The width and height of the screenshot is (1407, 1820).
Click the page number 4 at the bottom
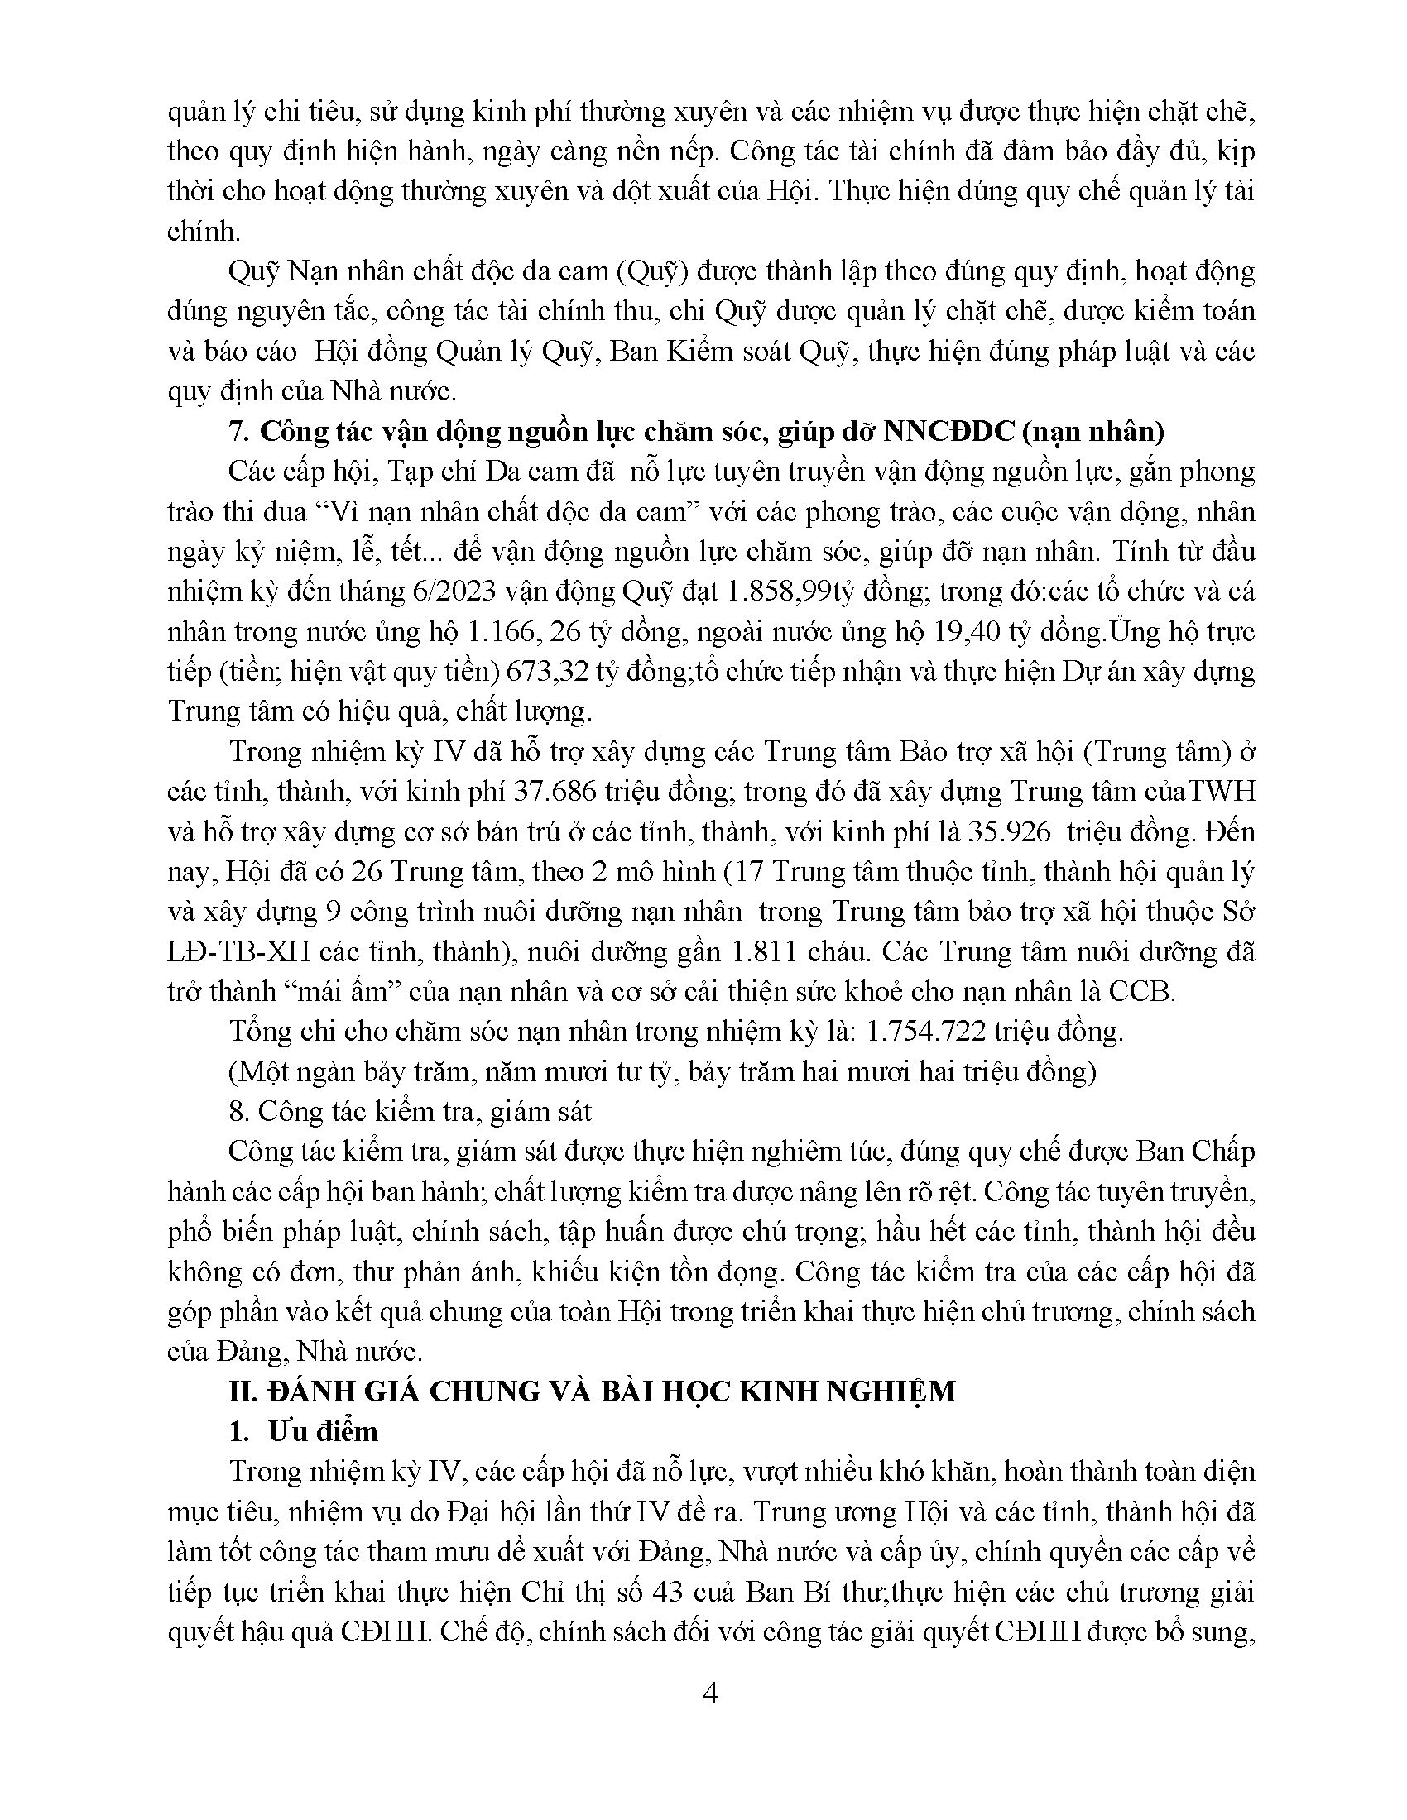pos(711,1693)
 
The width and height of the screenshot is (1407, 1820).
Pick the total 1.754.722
pos(926,1032)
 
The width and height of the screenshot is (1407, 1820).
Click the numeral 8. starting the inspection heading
pos(238,1112)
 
